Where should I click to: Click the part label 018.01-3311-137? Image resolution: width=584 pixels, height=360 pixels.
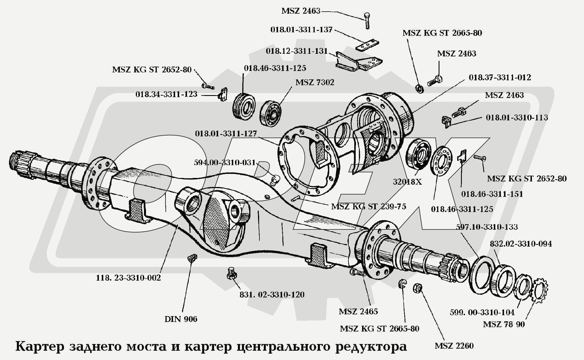point(301,30)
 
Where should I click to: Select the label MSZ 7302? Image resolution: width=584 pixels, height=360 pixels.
point(315,82)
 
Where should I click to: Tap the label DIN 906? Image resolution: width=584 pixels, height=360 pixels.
point(181,319)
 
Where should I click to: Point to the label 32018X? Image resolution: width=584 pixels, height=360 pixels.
point(407,182)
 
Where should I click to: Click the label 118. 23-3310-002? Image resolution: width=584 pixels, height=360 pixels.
point(128,278)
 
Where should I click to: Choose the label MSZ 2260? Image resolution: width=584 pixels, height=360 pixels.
point(454,346)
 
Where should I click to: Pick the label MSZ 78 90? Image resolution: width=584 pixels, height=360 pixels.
point(504,324)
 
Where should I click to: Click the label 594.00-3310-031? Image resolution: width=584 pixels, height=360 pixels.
point(225,163)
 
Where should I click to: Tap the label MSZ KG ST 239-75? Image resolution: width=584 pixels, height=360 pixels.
point(368,206)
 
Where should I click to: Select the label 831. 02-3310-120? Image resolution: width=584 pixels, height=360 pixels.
point(272,295)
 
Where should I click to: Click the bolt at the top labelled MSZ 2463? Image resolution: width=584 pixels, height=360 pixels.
point(367,21)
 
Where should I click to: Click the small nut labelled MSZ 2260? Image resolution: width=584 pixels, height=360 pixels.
point(418,288)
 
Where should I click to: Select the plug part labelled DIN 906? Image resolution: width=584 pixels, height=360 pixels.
point(192,258)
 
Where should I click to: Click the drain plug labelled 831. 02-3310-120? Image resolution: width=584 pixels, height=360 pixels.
point(232,273)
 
